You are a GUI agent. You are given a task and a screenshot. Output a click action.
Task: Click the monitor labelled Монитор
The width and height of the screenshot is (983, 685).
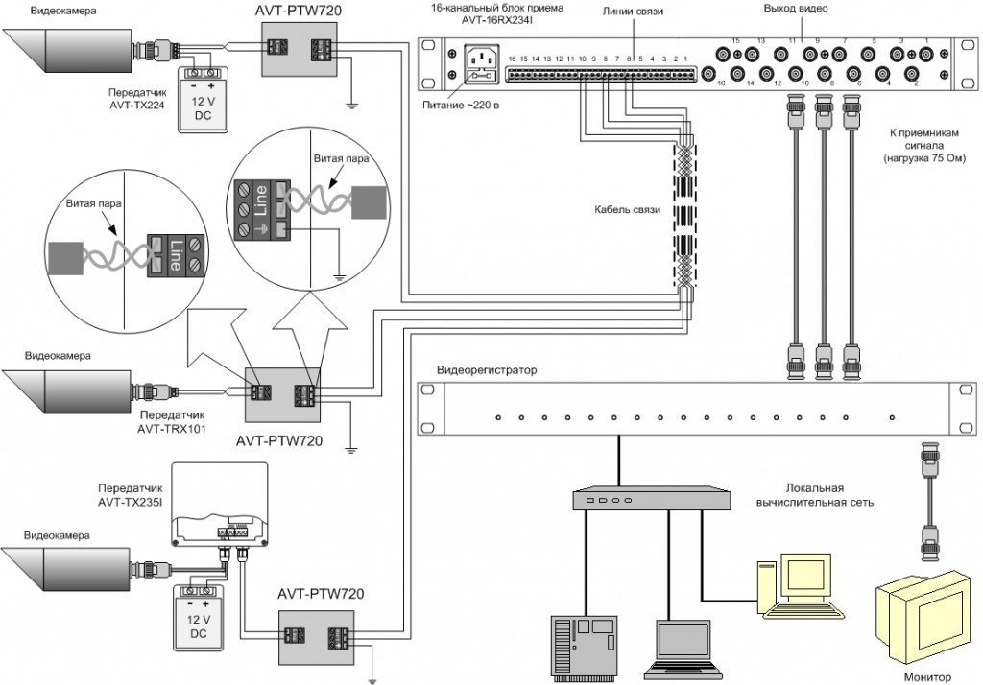point(923,614)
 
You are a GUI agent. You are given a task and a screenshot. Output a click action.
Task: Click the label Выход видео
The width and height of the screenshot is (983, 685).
point(796,9)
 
